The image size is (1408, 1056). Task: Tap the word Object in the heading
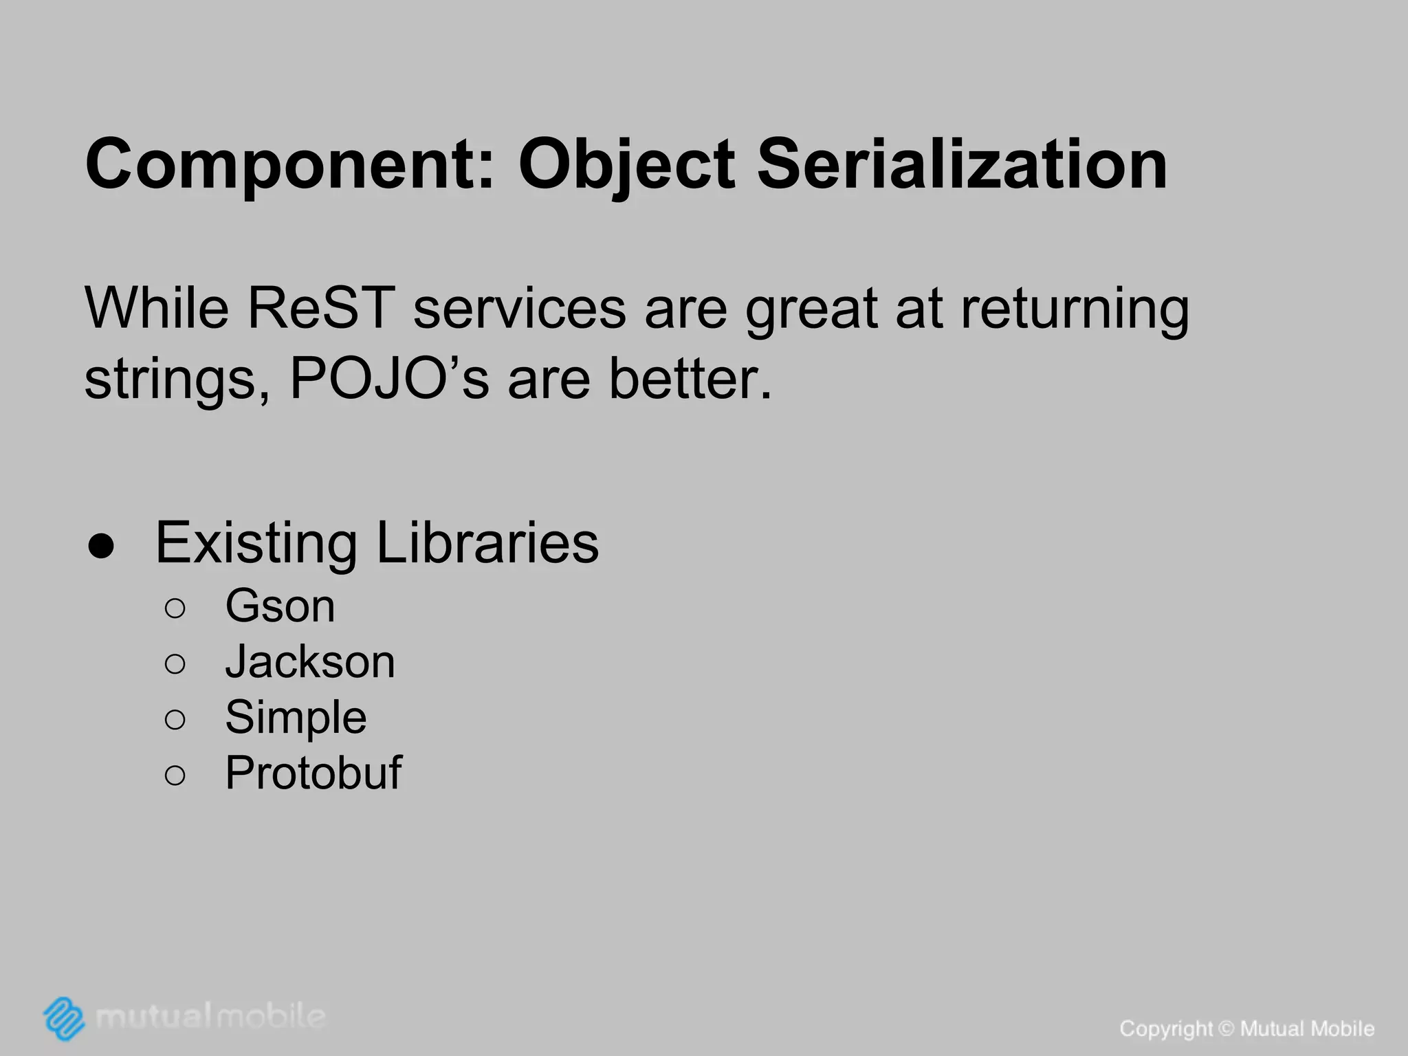pos(626,165)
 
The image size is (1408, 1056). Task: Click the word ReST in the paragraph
pos(321,308)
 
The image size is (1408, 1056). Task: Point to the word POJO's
pos(389,379)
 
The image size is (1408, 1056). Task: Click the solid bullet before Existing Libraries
pos(101,546)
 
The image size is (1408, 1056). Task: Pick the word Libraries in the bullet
pos(487,543)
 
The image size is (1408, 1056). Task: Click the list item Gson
pos(280,606)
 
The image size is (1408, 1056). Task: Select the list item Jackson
pos(310,662)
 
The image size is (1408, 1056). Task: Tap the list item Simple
pos(296,718)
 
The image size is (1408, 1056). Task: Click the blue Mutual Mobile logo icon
pos(64,1017)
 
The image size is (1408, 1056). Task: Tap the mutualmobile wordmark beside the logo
pos(210,1016)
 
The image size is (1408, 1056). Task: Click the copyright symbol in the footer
pos(1226,1029)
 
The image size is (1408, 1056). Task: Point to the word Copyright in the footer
pos(1166,1029)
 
